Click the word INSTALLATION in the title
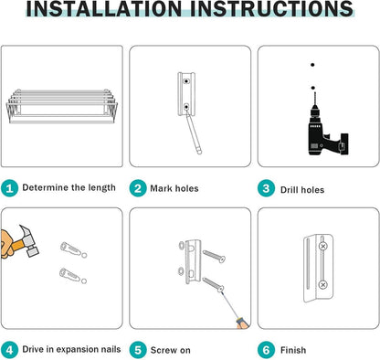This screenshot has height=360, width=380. pos(104,8)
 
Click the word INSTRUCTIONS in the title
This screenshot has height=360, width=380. pos(271,8)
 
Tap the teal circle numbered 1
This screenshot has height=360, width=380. pos(9,188)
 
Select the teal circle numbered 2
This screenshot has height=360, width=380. pos(138,188)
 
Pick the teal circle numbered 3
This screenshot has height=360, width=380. pos(266,188)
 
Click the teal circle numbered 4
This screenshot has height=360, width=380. pos(9,350)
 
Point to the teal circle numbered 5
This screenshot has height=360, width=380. pos(138,350)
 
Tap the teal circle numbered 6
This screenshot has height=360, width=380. pos(266,350)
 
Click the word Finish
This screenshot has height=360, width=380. pos(293,350)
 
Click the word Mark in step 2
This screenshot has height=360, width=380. pos(161,188)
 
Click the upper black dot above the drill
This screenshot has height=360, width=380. pos(312,65)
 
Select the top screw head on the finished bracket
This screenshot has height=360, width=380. pos(322,246)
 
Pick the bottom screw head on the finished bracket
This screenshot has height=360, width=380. pos(322,285)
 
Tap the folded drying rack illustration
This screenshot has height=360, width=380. pos(62,106)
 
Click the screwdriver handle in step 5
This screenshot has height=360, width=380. pos(242,323)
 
